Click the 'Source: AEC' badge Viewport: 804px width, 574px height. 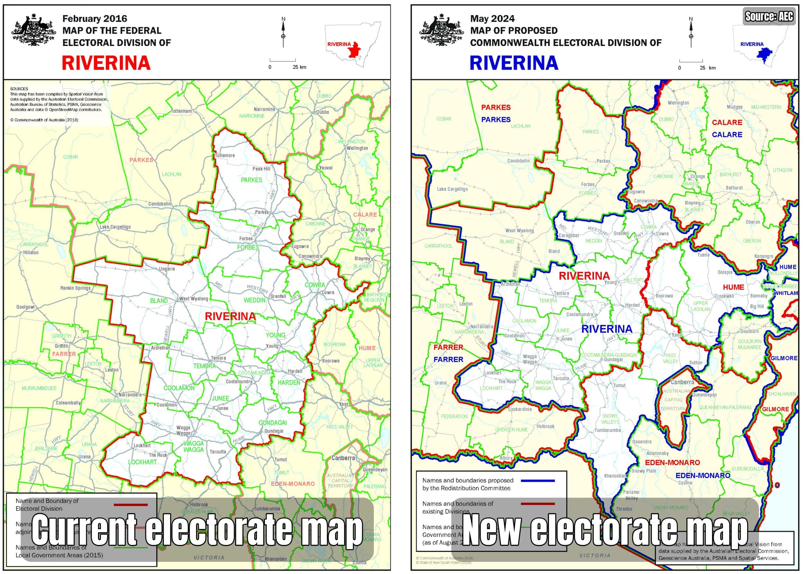click(x=769, y=16)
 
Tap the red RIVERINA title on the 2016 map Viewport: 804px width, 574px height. click(x=106, y=63)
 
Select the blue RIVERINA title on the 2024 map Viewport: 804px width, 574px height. click(x=514, y=63)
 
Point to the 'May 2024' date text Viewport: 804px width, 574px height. click(x=492, y=18)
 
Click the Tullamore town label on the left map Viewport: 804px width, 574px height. click(x=225, y=156)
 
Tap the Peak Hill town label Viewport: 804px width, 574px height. click(x=261, y=169)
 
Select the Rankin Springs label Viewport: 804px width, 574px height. click(x=75, y=288)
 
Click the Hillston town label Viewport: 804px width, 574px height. click(x=31, y=253)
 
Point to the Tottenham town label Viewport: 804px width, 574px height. click(x=181, y=111)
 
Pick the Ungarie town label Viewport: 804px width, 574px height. click(x=167, y=269)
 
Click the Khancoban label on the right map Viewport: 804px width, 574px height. click(x=615, y=476)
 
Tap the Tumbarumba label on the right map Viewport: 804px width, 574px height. click(x=608, y=430)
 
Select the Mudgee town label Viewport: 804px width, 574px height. click(x=735, y=107)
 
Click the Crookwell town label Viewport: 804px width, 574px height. click(x=724, y=296)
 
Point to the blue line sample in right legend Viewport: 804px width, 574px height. click(x=537, y=481)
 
